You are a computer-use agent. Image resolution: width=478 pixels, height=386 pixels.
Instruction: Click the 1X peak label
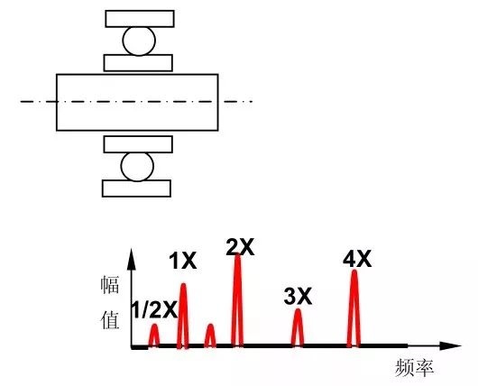183,261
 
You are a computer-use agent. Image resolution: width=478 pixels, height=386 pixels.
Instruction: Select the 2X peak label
240,247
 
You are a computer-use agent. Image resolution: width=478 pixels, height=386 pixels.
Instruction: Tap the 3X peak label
298,296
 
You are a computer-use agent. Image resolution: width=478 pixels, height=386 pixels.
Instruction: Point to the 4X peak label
357,259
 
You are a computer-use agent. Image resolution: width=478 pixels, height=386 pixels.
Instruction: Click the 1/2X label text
154,309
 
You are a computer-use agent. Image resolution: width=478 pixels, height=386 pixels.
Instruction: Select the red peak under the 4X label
354,308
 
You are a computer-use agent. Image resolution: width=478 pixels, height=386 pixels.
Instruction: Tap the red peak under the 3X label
298,328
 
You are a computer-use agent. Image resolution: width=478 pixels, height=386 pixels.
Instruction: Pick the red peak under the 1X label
183,316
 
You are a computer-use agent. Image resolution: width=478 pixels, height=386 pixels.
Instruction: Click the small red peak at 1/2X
154,335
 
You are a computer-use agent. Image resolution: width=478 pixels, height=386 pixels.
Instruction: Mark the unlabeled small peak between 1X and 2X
210,335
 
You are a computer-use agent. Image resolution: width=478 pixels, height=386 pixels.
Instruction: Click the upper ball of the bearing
139,41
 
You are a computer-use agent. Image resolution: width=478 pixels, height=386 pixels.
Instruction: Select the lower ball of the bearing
137,167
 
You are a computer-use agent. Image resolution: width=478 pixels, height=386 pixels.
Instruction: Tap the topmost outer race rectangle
140,19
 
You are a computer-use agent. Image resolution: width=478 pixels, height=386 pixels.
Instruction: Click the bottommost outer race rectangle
136,188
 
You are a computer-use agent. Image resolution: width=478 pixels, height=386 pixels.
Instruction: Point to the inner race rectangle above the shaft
138,63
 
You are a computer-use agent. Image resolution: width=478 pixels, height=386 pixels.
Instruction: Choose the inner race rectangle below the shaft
138,144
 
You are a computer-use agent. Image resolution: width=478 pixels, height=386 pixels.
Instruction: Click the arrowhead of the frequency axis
450,345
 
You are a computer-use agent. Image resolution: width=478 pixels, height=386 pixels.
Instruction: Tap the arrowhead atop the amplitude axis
132,259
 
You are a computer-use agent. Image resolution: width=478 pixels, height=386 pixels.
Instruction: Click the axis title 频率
414,368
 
